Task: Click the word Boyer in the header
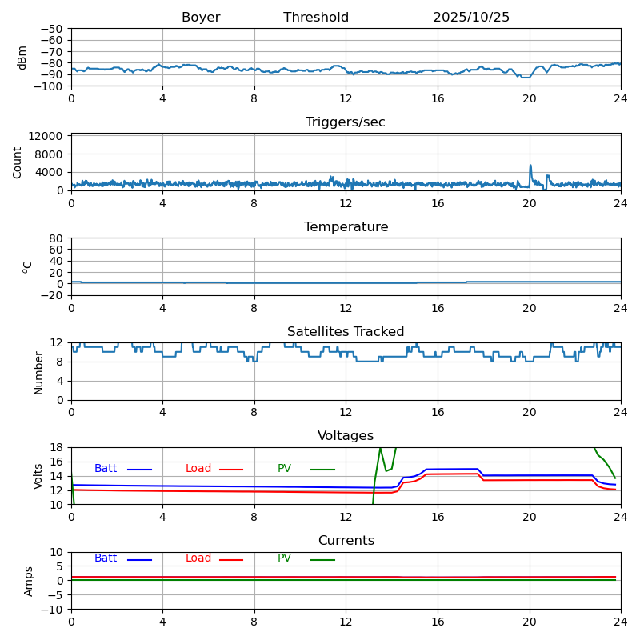pos(201,18)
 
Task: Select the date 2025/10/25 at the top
pos(471,18)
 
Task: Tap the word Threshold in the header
pos(316,18)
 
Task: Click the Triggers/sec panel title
pos(346,122)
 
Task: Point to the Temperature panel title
pos(346,227)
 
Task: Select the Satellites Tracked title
pos(346,332)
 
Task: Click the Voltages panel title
pos(346,436)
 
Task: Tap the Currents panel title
pos(346,541)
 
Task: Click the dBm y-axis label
pos(22,57)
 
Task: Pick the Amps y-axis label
pos(29,581)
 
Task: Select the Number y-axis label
pos(39,372)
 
